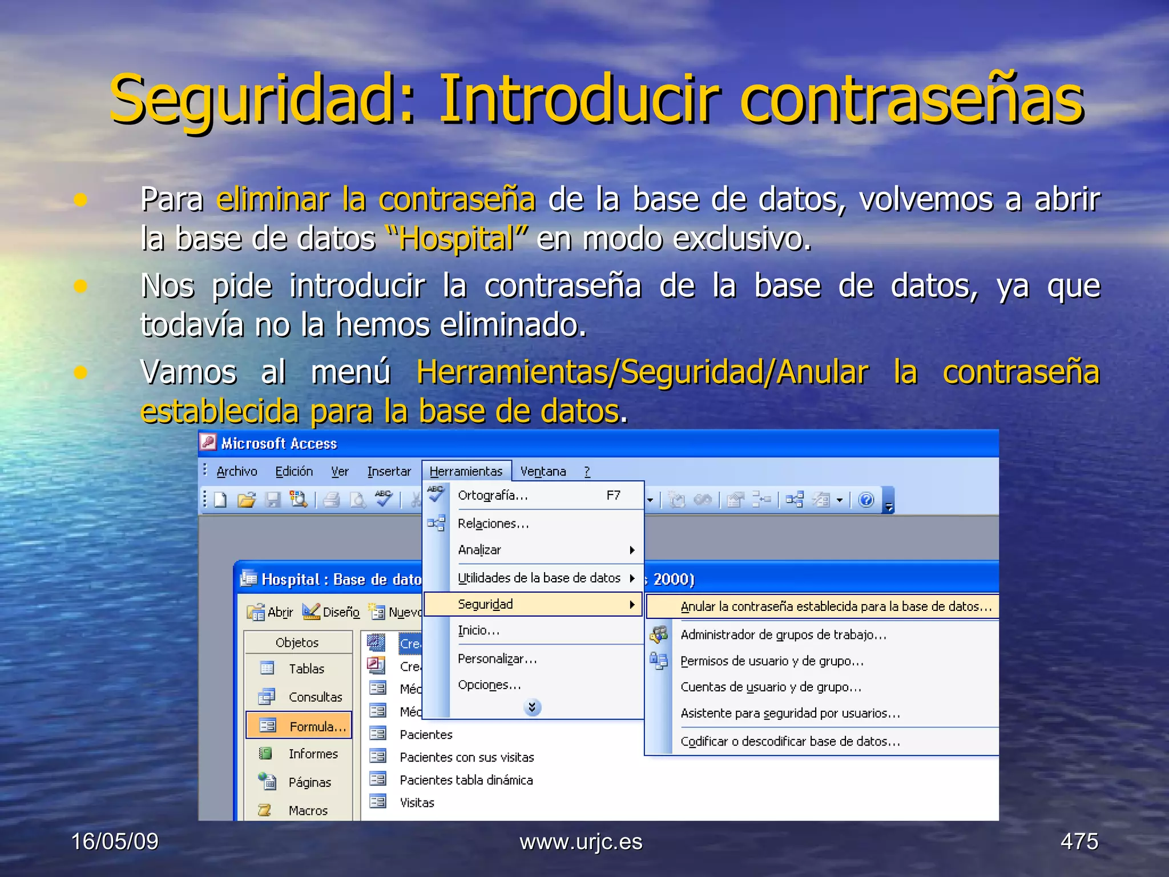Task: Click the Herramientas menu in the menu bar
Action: pyautogui.click(x=466, y=471)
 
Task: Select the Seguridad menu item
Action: pyautogui.click(x=485, y=604)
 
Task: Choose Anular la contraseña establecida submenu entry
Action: pyautogui.click(x=836, y=606)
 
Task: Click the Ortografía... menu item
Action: pyautogui.click(x=493, y=496)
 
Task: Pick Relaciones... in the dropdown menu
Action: pyautogui.click(x=493, y=524)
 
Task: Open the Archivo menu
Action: pyautogui.click(x=237, y=471)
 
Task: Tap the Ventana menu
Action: pyautogui.click(x=543, y=471)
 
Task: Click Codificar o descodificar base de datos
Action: pyautogui.click(x=790, y=741)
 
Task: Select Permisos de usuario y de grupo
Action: pyautogui.click(x=772, y=661)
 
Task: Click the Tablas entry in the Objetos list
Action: pyautogui.click(x=306, y=669)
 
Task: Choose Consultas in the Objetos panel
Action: pyautogui.click(x=315, y=697)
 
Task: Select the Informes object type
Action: pyautogui.click(x=313, y=754)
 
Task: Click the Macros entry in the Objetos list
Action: pyautogui.click(x=308, y=810)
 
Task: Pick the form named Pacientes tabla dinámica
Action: pyautogui.click(x=466, y=780)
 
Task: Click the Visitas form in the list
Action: pyautogui.click(x=417, y=803)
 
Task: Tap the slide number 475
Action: pyautogui.click(x=1079, y=842)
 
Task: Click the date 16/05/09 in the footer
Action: pyautogui.click(x=115, y=842)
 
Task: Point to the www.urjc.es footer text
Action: pyautogui.click(x=581, y=842)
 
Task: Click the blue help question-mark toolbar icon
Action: pyautogui.click(x=866, y=500)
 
